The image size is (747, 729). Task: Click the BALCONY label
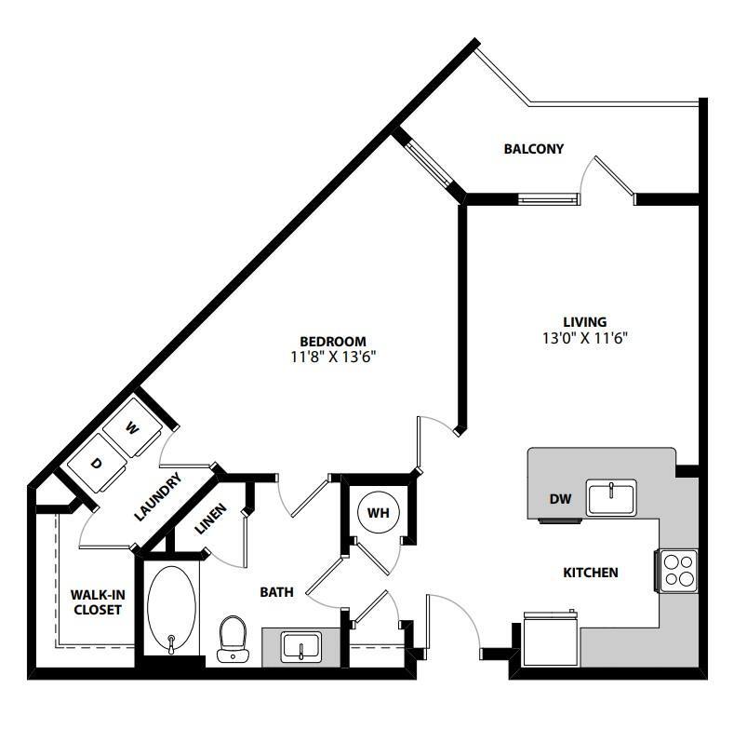point(533,148)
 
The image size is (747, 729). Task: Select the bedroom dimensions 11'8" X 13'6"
point(332,356)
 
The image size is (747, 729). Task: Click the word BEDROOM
point(332,341)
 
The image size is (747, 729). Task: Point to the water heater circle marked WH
point(378,513)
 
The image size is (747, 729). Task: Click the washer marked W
point(133,429)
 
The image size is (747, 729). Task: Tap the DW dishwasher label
point(559,500)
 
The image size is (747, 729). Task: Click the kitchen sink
point(611,497)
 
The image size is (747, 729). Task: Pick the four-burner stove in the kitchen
point(678,569)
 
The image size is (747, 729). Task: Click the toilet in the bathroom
point(232,641)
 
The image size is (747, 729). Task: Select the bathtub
point(172,611)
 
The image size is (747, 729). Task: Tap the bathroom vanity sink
point(300,645)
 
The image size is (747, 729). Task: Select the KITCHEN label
point(591,572)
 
